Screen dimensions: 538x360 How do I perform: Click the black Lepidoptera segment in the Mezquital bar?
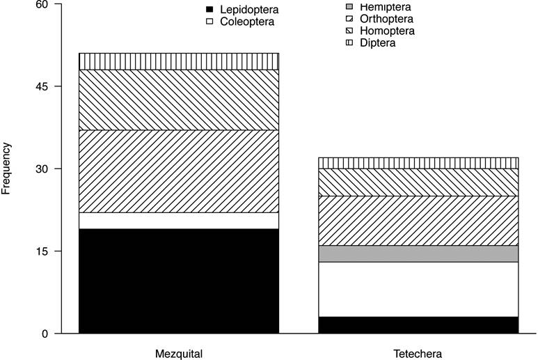[179, 281]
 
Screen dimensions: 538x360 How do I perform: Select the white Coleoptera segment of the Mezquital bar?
[179, 221]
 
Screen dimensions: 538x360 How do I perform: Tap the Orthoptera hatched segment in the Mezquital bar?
[179, 171]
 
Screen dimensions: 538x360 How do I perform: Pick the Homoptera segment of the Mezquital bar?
[179, 100]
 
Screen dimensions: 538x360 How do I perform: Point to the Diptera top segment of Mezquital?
[179, 61]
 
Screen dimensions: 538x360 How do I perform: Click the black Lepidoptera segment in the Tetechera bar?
[418, 325]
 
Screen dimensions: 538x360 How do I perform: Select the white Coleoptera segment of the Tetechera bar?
[418, 289]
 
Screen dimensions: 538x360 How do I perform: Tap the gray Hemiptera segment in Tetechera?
[418, 253]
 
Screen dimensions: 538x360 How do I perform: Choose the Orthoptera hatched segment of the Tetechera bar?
[418, 221]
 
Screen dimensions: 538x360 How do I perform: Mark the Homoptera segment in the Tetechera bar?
[418, 182]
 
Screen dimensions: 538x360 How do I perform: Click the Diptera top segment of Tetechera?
[418, 163]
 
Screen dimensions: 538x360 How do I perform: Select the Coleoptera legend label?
[247, 22]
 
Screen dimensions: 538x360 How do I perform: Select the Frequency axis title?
[8, 168]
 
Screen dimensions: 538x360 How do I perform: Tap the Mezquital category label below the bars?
[179, 353]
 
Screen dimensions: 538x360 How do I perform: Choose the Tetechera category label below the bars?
[418, 353]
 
